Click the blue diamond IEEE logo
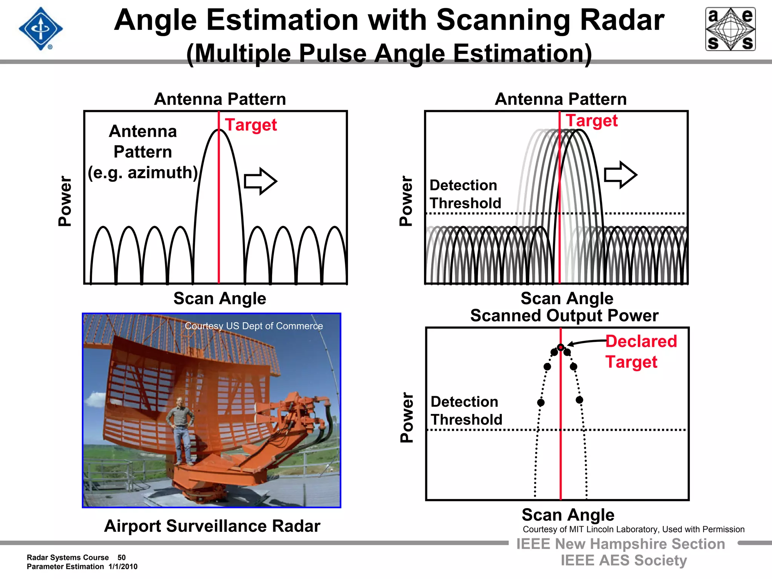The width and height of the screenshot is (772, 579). tap(41, 29)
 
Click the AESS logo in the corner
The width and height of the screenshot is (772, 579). tap(730, 29)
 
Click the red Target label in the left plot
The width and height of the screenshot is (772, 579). tap(251, 125)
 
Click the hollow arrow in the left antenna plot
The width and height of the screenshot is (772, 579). tap(260, 181)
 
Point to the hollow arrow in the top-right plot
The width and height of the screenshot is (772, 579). tap(620, 175)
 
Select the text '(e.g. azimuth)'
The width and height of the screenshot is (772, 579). tap(143, 173)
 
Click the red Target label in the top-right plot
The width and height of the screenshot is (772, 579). tap(591, 121)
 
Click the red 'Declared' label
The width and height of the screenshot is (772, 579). tap(641, 341)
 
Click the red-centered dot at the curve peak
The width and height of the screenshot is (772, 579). tap(561, 347)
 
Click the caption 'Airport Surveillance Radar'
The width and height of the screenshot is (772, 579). tap(212, 526)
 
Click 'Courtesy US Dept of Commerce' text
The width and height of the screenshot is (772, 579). tap(254, 326)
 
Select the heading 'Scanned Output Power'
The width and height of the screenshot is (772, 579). tap(564, 316)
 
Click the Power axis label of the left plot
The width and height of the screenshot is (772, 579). tap(65, 201)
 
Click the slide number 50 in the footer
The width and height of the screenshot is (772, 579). tap(121, 558)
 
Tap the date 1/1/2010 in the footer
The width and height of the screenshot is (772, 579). tap(123, 567)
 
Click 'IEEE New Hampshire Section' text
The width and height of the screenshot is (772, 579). tap(620, 544)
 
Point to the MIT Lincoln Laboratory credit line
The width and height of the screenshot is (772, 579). tap(633, 529)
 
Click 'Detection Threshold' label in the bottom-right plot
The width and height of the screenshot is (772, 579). tap(466, 411)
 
